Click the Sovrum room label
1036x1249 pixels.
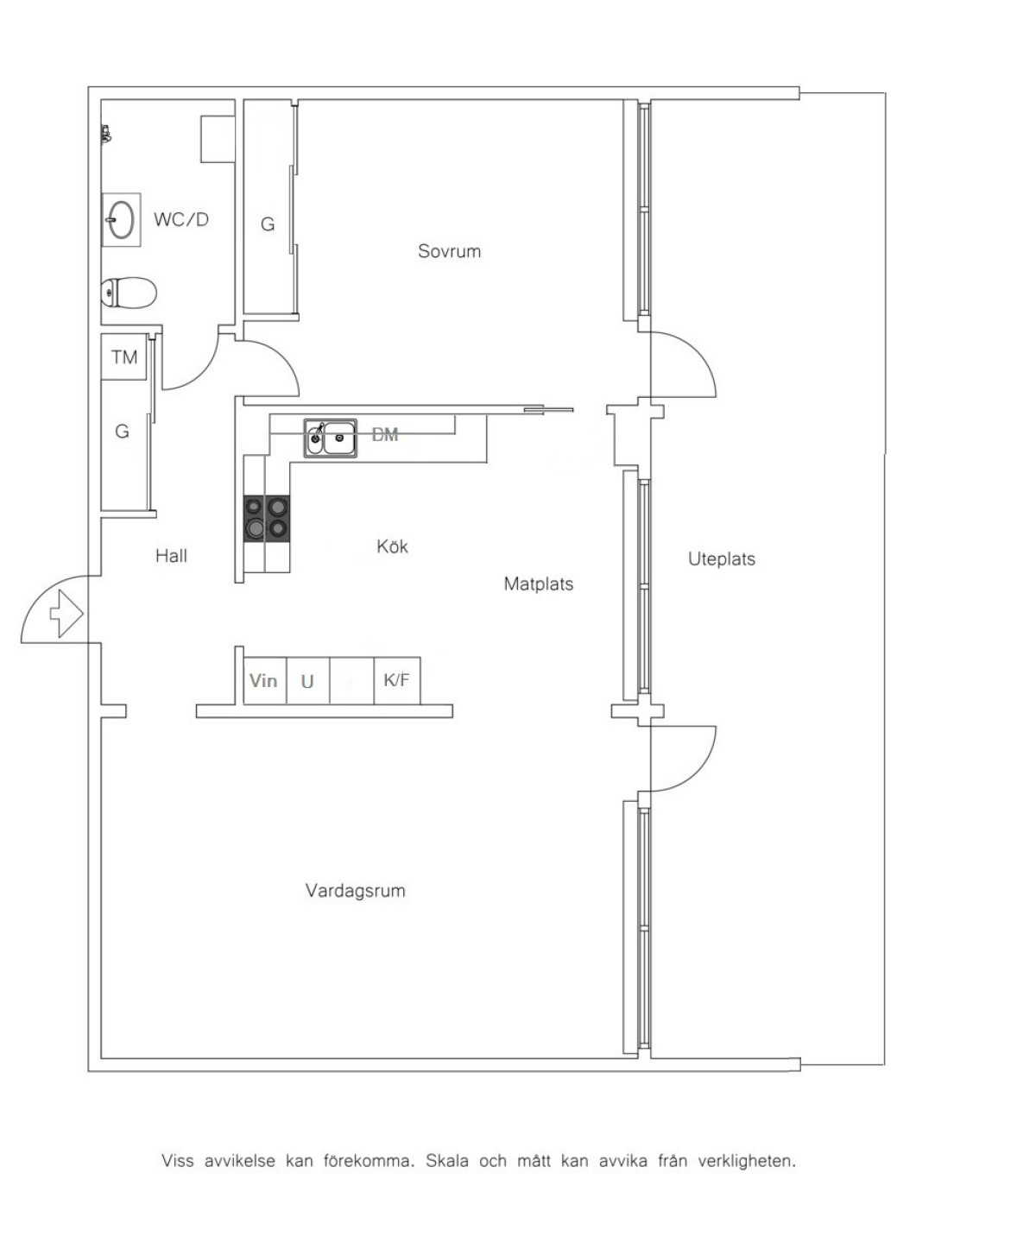click(449, 251)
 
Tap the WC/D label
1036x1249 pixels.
click(180, 219)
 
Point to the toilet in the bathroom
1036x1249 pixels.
click(129, 293)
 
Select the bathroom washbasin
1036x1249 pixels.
click(122, 219)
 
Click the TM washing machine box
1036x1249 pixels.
click(124, 357)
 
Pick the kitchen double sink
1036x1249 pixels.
click(331, 438)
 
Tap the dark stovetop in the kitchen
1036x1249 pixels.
click(267, 519)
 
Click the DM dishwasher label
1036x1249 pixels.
click(385, 435)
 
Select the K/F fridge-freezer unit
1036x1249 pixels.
click(397, 681)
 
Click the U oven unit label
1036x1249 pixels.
click(307, 682)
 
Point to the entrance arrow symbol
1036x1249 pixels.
click(66, 613)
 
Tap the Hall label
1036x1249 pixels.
click(171, 556)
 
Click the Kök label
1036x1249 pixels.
click(393, 546)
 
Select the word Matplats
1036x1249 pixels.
click(539, 583)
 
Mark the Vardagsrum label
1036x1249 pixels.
click(356, 891)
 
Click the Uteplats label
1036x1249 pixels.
click(722, 559)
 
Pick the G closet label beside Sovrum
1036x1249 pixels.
click(268, 224)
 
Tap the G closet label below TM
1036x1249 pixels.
click(122, 432)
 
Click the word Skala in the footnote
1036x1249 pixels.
click(448, 1162)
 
